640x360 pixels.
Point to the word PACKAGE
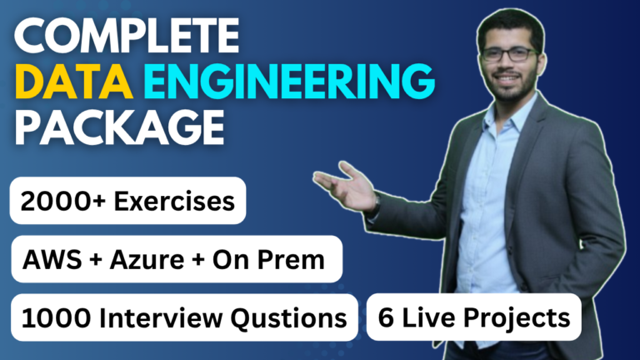(117, 129)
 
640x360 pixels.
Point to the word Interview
(147, 317)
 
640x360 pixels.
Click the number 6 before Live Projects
(386, 317)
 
